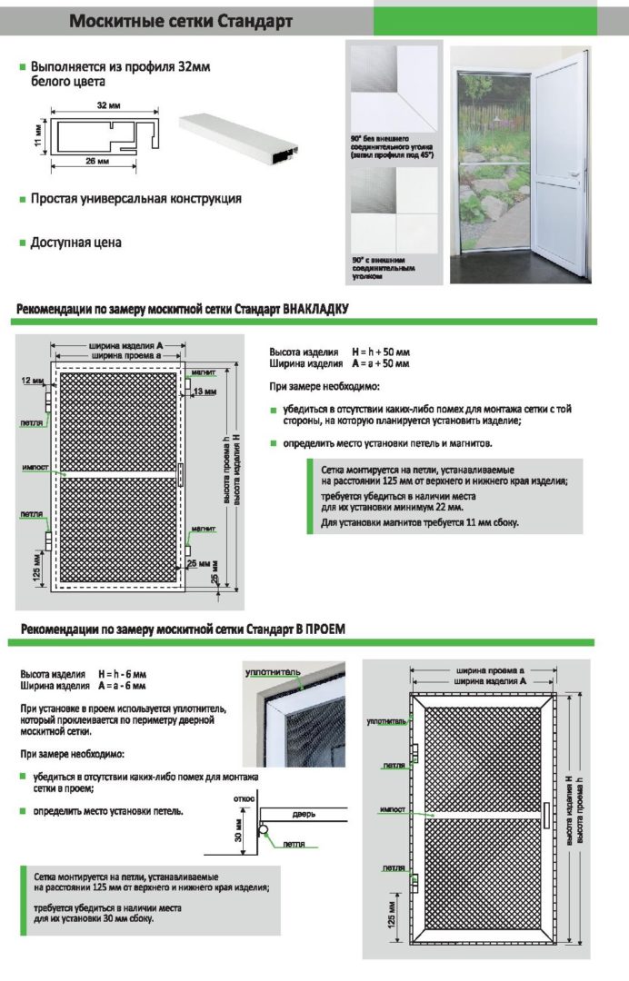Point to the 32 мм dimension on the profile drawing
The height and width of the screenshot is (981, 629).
[x=109, y=105]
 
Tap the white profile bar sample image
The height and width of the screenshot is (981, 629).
[x=239, y=133]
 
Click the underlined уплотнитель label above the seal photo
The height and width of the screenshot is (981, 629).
[x=272, y=673]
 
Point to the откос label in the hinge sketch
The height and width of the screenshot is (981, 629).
[x=245, y=798]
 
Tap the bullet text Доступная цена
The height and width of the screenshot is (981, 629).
[x=75, y=243]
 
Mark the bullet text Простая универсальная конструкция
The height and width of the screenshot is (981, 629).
[x=135, y=198]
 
